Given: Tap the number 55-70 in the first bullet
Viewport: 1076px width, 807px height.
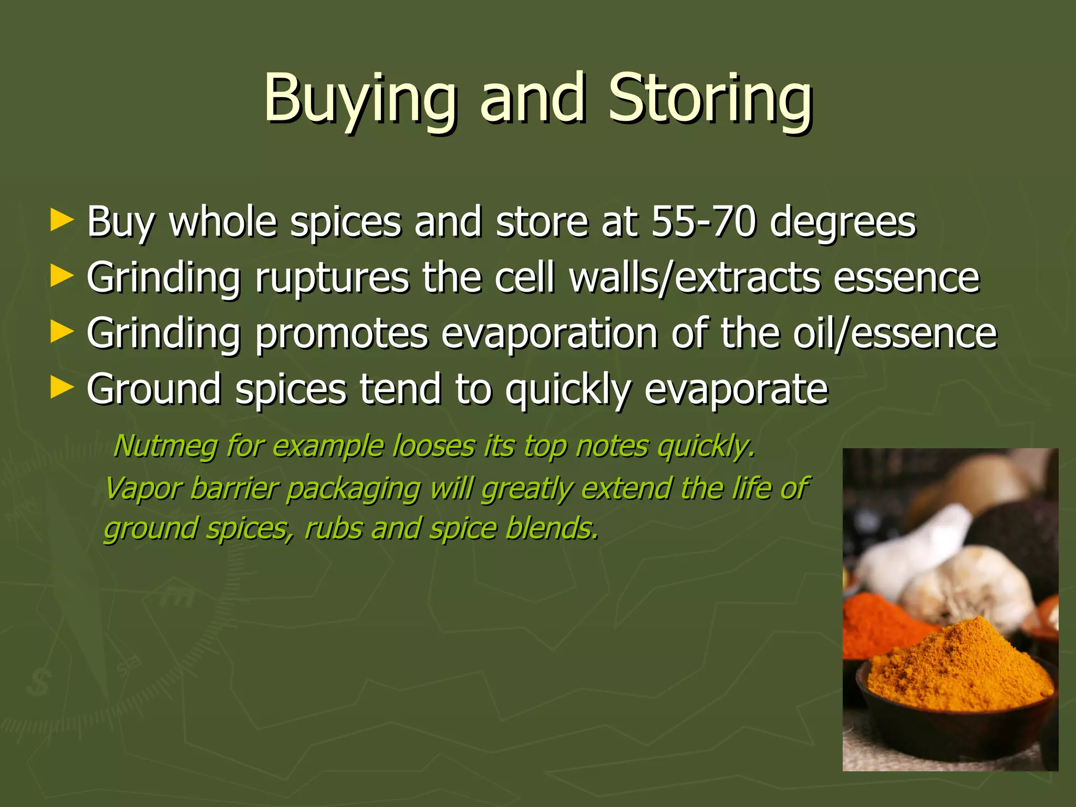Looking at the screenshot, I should point(703,222).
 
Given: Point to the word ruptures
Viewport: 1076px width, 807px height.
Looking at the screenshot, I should point(332,278).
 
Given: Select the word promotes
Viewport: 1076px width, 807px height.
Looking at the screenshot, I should point(342,334).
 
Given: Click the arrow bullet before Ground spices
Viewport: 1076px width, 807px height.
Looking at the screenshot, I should point(61,388).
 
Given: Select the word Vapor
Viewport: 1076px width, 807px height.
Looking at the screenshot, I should point(141,489).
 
